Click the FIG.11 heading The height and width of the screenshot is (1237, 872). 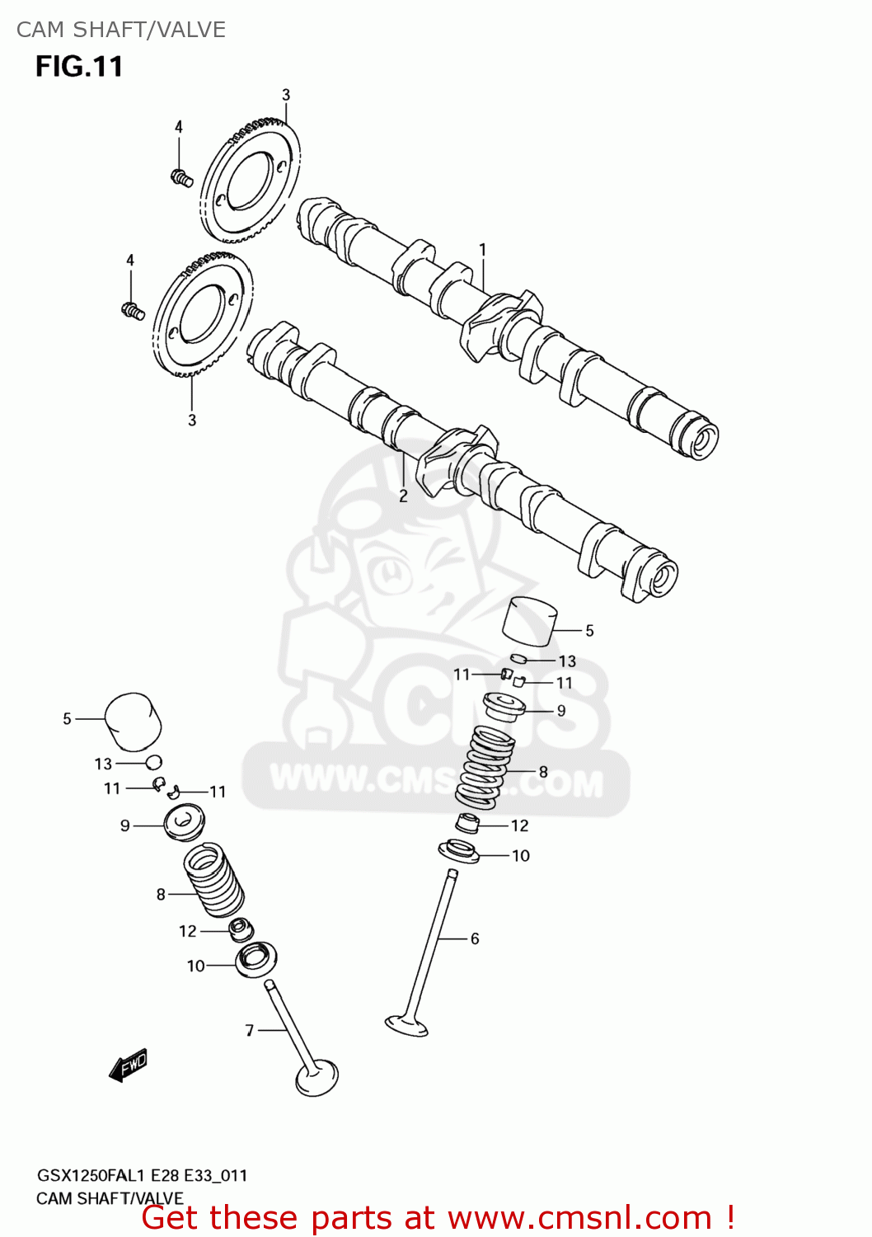[x=79, y=67]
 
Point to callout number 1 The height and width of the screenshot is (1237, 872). [x=483, y=249]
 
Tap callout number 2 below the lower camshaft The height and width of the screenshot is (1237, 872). [x=403, y=496]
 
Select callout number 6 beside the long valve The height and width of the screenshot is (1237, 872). [x=475, y=938]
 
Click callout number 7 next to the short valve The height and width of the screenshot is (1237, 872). [x=250, y=1030]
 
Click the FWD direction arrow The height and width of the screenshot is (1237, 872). [x=128, y=1065]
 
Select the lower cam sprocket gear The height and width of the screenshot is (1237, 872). [x=202, y=314]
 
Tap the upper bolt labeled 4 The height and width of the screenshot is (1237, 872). [x=181, y=176]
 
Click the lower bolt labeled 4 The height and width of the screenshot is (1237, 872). [x=132, y=311]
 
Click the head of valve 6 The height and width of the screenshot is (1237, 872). [x=406, y=1025]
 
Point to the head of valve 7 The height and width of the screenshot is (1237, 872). [x=316, y=1077]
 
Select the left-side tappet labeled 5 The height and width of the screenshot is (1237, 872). [x=133, y=719]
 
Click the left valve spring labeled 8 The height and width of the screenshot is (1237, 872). [x=213, y=880]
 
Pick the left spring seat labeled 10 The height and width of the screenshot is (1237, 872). [x=256, y=958]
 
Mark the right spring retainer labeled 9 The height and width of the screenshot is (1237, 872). [x=504, y=706]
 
